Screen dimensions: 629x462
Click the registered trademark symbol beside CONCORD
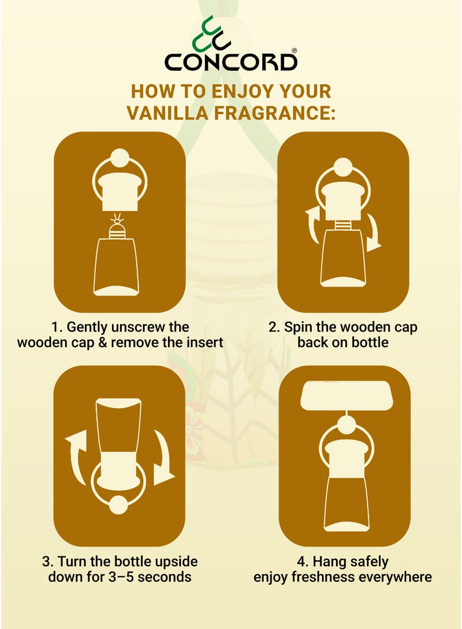click(x=295, y=51)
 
